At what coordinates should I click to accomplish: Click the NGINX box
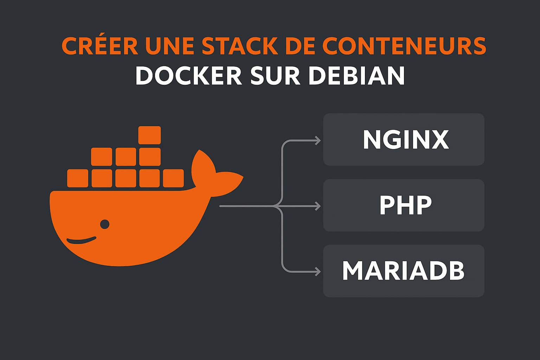click(x=404, y=140)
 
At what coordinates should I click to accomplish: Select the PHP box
click(x=404, y=205)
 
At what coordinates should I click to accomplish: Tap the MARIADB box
click(x=404, y=271)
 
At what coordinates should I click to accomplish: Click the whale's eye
click(x=105, y=224)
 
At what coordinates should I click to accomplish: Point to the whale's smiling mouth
click(x=81, y=241)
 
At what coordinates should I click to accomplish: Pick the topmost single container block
click(x=149, y=135)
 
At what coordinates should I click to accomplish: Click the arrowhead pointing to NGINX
click(x=318, y=141)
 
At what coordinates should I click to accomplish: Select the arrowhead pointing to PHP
click(x=318, y=206)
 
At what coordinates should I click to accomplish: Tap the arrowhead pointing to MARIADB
click(x=318, y=272)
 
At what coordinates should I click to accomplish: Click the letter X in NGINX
click(x=439, y=140)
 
